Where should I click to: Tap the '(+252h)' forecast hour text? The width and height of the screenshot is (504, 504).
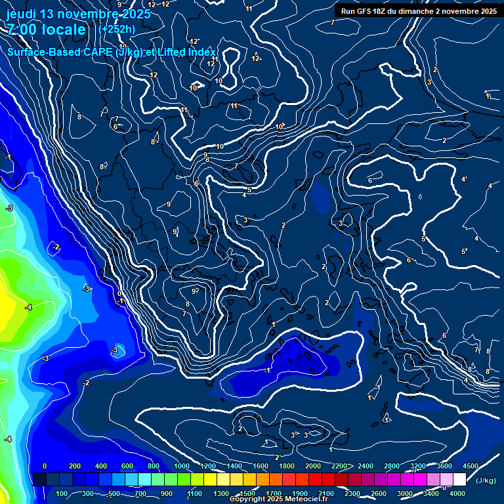point(116,29)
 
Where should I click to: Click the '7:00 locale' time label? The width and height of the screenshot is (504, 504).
point(46,30)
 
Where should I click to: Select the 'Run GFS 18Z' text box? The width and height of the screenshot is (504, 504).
point(419,11)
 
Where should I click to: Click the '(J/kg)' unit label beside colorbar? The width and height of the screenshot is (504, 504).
point(485,481)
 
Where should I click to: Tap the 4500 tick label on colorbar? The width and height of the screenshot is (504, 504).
point(470,466)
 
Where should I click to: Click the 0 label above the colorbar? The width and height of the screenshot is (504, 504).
point(45,466)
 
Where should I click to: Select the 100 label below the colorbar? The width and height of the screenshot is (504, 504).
point(62,493)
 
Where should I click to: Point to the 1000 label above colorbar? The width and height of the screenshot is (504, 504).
point(182,466)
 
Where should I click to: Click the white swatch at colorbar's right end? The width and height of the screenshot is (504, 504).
point(459,480)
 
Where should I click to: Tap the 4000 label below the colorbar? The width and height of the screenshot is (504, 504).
point(457,493)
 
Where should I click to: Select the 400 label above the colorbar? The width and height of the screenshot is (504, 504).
point(101,466)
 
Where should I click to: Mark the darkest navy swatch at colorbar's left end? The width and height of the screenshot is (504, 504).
point(39,480)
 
